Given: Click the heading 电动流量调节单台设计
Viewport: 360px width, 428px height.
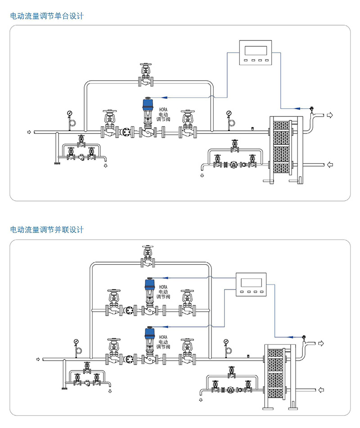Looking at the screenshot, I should [x=47, y=16].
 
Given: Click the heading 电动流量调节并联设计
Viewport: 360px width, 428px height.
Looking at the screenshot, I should [x=47, y=230].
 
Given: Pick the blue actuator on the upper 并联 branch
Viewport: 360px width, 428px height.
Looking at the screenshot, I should [x=149, y=285].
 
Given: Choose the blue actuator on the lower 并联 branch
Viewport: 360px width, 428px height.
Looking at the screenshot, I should [x=149, y=334].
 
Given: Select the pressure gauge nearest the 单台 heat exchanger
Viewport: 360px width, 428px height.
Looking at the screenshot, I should [x=229, y=113].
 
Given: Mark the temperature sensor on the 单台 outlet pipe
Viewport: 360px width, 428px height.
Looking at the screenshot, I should [x=310, y=108].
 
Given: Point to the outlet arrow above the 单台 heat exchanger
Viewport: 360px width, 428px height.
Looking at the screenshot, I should [x=330, y=116].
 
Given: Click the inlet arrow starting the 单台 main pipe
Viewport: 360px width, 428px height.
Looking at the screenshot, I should [x=30, y=132].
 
